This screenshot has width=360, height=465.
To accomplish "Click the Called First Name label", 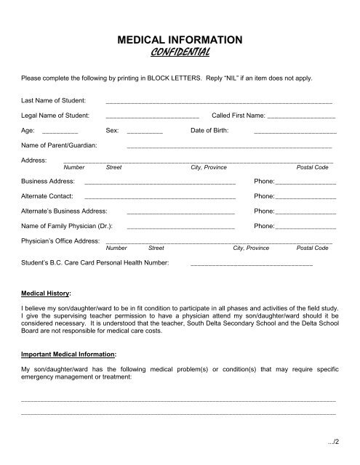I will point(238,116).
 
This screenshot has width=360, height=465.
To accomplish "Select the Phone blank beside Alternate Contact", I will point(306,198).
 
